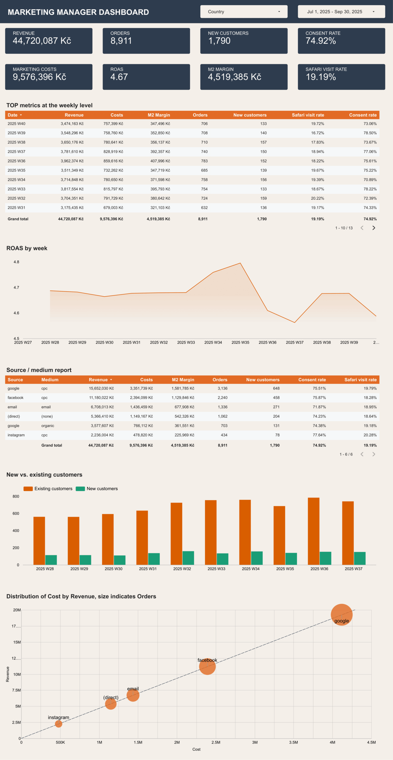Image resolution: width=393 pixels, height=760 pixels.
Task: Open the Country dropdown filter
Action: [244, 12]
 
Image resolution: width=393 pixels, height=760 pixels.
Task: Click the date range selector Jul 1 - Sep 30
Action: [341, 12]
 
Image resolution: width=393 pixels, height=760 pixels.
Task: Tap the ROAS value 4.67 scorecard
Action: [146, 77]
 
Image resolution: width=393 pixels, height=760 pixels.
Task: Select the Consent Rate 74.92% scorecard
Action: [341, 41]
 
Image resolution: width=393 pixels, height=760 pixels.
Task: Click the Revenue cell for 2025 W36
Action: [72, 161]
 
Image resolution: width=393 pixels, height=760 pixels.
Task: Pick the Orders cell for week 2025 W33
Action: [204, 189]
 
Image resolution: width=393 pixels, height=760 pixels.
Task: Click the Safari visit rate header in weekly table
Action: [308, 115]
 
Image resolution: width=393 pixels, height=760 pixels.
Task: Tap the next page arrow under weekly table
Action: [374, 228]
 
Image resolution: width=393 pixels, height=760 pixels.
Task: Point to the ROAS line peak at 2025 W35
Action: [240, 263]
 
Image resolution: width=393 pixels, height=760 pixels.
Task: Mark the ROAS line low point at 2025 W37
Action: [295, 322]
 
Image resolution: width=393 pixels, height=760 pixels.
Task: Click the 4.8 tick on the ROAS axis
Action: [16, 262]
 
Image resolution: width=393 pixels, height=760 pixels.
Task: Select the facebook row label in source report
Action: [15, 398]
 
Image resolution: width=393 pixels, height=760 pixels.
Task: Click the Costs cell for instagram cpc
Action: [143, 435]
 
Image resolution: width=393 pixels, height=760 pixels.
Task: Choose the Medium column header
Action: [50, 380]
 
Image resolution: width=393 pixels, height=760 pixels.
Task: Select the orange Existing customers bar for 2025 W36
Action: [313, 531]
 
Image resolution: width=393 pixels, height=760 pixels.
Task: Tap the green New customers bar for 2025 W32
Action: [188, 558]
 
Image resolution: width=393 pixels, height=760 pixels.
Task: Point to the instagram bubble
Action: [59, 724]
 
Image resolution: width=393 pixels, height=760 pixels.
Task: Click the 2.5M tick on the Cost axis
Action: [216, 742]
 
